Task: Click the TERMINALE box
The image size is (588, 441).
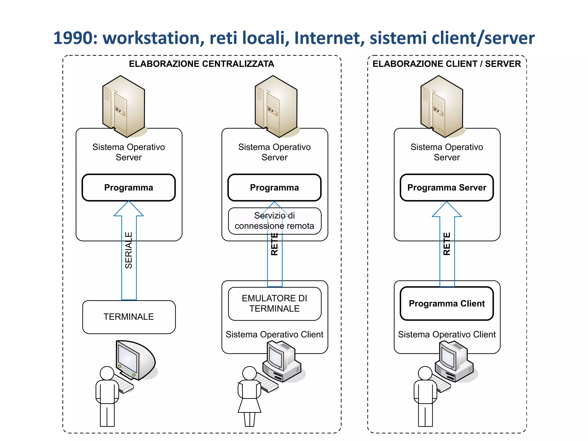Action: tap(129, 317)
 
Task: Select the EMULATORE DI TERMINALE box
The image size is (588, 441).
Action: tap(274, 303)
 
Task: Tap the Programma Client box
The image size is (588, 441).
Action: tap(447, 303)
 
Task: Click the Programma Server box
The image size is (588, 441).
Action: tap(447, 187)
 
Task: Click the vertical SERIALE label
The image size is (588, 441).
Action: tap(129, 250)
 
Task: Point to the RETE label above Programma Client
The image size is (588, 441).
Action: tap(447, 244)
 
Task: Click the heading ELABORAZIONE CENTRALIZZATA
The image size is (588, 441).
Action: tap(202, 64)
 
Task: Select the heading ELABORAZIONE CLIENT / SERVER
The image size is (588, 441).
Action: tap(447, 64)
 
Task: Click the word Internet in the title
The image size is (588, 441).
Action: tap(329, 38)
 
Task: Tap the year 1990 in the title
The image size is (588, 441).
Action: tap(73, 38)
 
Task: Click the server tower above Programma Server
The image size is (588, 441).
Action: tap(442, 106)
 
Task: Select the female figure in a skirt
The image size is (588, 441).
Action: tap(249, 396)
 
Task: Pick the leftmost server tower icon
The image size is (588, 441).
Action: tap(123, 106)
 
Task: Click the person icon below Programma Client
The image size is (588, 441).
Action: tap(425, 396)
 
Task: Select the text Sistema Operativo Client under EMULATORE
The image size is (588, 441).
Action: tap(274, 334)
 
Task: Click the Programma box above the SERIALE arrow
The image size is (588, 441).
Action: tap(129, 187)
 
